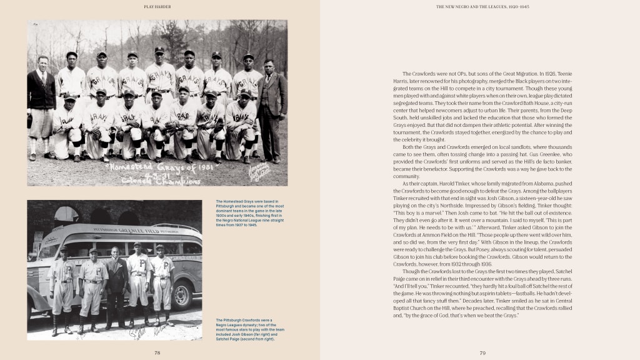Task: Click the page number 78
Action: pyautogui.click(x=157, y=352)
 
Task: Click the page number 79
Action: pyautogui.click(x=482, y=352)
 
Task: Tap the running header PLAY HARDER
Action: pyautogui.click(x=157, y=7)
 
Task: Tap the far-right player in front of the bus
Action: pyautogui.click(x=161, y=284)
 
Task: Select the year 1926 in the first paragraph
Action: pyautogui.click(x=547, y=74)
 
